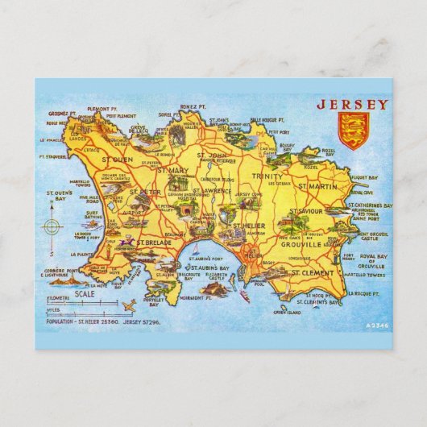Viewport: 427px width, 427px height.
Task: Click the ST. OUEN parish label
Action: (x=116, y=159)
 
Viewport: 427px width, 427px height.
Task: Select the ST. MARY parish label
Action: (x=172, y=171)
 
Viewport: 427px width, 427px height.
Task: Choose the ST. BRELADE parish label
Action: (x=151, y=242)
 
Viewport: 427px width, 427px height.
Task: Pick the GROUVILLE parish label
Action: (x=301, y=243)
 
